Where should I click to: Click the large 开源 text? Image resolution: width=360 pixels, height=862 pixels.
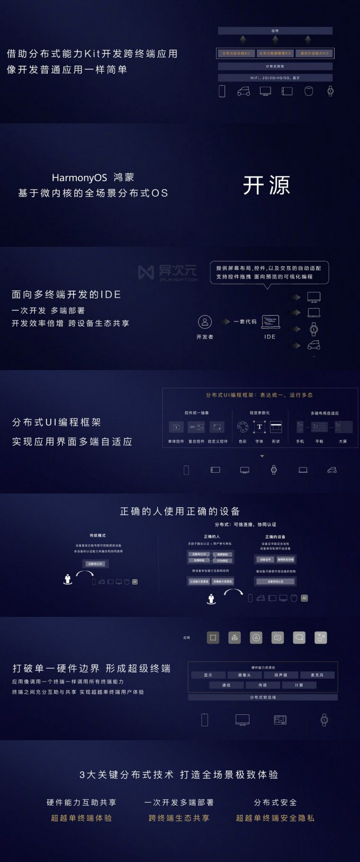click(266, 185)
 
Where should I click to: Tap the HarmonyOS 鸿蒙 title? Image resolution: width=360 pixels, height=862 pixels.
click(93, 178)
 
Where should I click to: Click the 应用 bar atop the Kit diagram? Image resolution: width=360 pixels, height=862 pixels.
click(275, 31)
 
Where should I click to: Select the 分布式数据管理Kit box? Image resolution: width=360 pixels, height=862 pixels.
click(275, 53)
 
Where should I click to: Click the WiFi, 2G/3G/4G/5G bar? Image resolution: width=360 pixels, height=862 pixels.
click(275, 78)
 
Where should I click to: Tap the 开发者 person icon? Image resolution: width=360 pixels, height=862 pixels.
click(205, 322)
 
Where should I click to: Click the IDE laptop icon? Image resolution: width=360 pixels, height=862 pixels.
click(270, 321)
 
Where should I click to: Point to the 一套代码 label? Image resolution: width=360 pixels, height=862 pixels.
click(245, 321)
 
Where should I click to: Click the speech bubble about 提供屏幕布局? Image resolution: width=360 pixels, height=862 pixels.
click(269, 273)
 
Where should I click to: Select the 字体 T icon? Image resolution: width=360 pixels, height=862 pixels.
click(259, 427)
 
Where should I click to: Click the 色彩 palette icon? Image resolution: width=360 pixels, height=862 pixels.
click(242, 427)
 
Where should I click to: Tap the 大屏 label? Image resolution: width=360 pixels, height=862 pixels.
click(343, 441)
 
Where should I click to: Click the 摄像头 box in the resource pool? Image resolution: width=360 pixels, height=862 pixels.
click(244, 675)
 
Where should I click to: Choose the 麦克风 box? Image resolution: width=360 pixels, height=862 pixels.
click(317, 675)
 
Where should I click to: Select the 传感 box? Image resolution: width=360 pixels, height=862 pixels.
click(263, 685)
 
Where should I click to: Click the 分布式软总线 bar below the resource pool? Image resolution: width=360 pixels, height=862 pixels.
click(263, 697)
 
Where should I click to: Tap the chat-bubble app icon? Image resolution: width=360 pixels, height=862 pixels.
click(299, 638)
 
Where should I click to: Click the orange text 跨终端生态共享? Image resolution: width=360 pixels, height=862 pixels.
click(179, 818)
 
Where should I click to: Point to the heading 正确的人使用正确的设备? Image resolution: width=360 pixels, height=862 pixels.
click(180, 511)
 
